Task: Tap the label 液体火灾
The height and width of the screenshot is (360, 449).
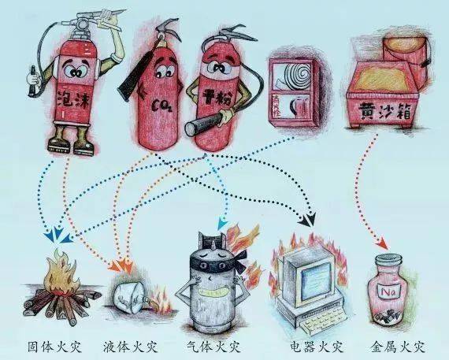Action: [x=130, y=345]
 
